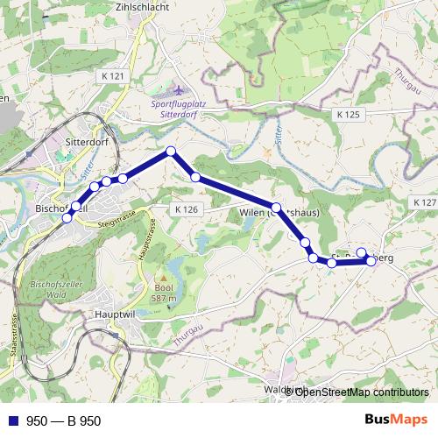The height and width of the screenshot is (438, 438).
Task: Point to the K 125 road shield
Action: [x=348, y=114]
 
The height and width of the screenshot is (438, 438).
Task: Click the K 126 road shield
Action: [x=187, y=210]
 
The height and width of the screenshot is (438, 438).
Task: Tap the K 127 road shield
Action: [x=422, y=202]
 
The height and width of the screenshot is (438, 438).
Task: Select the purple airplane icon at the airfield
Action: [x=181, y=90]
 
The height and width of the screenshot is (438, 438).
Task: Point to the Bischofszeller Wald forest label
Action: [x=56, y=290]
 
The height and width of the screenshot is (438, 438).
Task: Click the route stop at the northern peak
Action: [x=172, y=152]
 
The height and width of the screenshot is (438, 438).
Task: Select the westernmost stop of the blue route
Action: [x=67, y=218]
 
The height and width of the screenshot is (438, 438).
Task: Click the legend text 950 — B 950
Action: [x=64, y=420]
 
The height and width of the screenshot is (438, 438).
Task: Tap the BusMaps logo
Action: [x=395, y=420]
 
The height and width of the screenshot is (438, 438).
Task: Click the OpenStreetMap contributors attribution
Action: [x=362, y=392]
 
